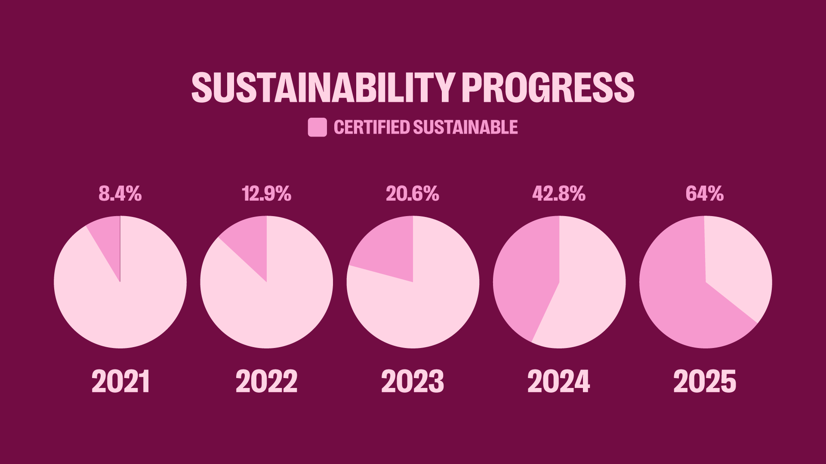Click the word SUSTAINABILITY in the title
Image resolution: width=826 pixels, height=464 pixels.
(323, 87)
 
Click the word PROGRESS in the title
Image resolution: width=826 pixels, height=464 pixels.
(548, 87)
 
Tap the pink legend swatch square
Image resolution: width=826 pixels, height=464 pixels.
(317, 128)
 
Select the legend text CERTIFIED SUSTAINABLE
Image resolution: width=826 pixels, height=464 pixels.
(425, 128)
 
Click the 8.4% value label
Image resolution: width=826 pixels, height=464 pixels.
(120, 194)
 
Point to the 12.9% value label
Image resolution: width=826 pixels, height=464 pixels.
(267, 194)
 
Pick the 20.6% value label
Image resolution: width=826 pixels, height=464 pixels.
(413, 194)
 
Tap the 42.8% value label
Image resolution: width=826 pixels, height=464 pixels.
(559, 194)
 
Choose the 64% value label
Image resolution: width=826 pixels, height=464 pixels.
(705, 194)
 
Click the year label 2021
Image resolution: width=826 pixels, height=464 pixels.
(120, 382)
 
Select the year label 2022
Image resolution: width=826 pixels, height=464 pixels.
(267, 382)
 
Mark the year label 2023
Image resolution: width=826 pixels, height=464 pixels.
(413, 382)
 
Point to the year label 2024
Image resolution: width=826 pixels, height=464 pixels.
(559, 382)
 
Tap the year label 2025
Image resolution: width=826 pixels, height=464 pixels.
(705, 382)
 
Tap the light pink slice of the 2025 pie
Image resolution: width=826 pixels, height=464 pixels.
(736, 266)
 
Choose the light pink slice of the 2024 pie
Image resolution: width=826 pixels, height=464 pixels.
(589, 292)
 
